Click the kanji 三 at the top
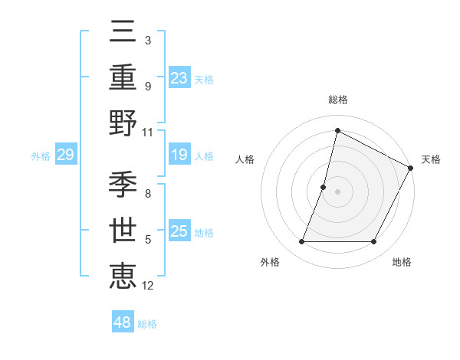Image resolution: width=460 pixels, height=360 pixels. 124,32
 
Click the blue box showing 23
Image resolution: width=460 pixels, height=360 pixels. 179,77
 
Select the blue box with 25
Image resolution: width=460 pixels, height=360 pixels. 179,231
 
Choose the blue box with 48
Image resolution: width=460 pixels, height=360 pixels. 122,322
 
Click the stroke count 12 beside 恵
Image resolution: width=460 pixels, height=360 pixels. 148,286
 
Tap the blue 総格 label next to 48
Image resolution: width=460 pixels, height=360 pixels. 147,323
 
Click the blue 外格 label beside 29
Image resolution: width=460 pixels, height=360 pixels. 41,156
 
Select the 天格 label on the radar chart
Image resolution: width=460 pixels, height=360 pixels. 431,159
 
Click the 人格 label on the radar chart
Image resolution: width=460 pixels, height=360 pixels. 245,159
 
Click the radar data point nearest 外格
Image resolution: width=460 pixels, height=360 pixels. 301,242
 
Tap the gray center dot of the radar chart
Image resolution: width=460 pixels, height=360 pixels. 337,191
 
